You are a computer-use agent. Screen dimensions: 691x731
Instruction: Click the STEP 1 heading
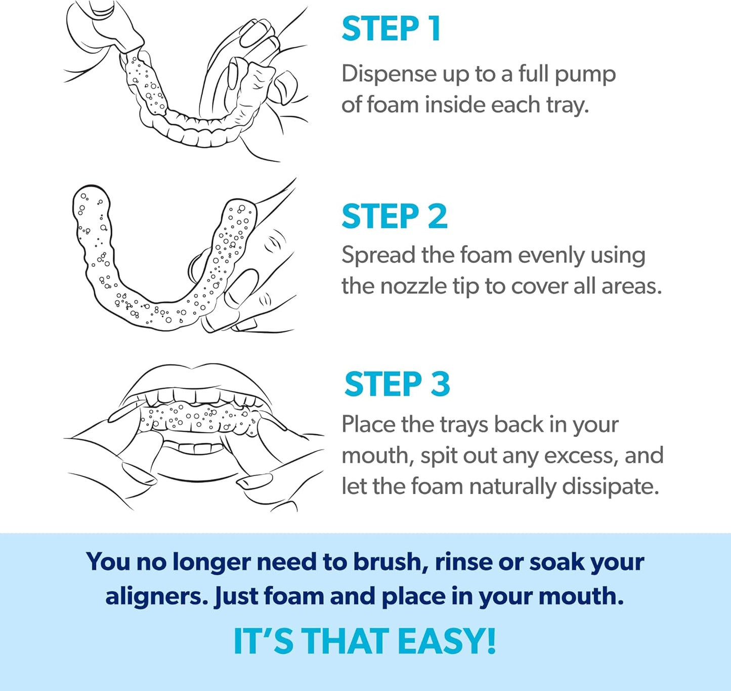click(x=391, y=29)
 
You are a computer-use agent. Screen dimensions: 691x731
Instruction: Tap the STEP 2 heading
click(x=394, y=217)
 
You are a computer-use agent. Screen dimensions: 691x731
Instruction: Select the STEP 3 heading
click(x=397, y=384)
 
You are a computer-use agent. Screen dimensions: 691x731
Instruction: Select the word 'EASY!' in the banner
click(x=446, y=641)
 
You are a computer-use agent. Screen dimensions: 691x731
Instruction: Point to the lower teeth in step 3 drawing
click(x=195, y=448)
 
